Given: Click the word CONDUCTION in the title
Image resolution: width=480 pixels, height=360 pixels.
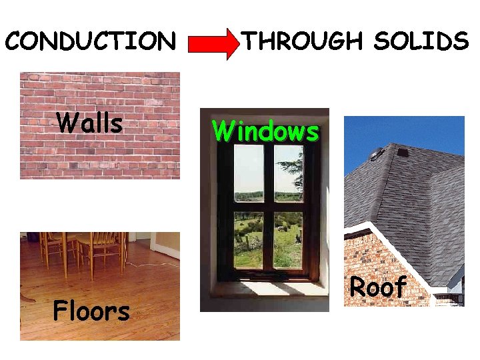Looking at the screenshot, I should click(90, 41).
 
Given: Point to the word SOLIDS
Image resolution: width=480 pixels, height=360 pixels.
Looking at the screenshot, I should click(421, 41).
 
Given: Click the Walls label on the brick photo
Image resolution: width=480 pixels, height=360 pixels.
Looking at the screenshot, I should click(89, 123).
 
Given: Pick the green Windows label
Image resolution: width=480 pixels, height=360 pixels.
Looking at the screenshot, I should click(265, 131).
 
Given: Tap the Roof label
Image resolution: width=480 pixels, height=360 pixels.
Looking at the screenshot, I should click(378, 287).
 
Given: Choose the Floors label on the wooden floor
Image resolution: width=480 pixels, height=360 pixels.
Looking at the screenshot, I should click(91, 311).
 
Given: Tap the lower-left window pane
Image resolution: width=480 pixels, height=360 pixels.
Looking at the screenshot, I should click(249, 240).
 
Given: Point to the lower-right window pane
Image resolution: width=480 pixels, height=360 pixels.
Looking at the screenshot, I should click(288, 240).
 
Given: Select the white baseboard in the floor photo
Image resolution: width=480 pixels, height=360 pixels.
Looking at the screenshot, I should click(166, 251).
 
